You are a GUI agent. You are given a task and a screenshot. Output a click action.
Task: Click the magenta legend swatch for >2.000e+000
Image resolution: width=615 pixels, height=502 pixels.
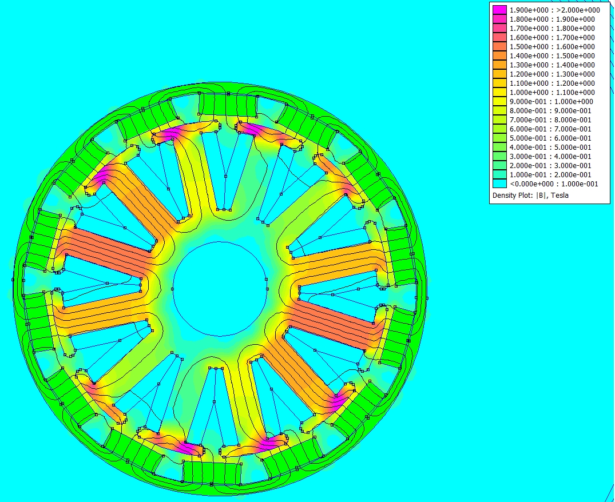pos(499,10)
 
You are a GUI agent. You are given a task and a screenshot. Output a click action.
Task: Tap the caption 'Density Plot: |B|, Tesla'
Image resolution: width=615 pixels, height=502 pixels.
pos(530,196)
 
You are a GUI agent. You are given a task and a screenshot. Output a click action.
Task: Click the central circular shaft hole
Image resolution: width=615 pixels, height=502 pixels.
pos(220,289)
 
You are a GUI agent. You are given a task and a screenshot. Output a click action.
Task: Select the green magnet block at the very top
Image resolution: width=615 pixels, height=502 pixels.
pos(228,105)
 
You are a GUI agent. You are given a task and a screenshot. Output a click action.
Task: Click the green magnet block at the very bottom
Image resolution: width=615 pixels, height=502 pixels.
pos(212,472)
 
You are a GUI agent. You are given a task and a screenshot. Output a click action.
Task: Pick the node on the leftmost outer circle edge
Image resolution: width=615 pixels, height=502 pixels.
pos(13,280)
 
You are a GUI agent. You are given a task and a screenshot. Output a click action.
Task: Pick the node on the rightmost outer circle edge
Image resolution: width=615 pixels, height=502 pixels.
pos(427,298)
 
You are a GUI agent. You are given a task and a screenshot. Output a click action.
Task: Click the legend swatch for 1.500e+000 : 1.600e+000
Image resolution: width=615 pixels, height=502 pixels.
pos(499,47)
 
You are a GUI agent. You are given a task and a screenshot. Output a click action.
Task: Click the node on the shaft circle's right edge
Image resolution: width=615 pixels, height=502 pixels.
pos(267,280)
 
